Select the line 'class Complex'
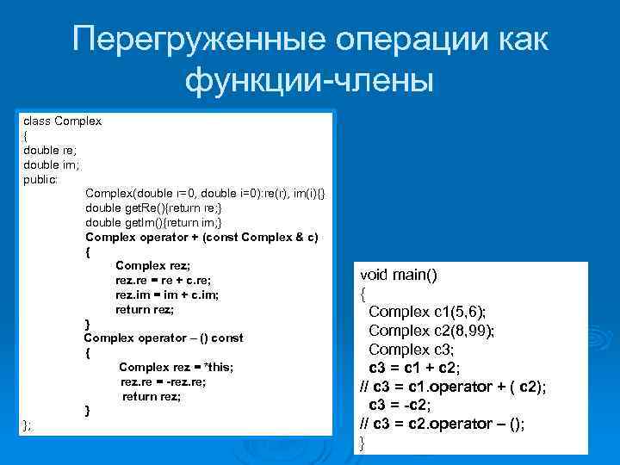62,121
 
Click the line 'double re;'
50,150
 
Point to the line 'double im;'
51,164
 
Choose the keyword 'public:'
40,179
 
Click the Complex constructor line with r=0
205,194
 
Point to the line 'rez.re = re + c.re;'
163,280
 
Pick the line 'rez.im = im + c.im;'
166,294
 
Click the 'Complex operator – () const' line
163,338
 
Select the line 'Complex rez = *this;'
176,367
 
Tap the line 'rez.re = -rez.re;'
163,381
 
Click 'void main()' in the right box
399,275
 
